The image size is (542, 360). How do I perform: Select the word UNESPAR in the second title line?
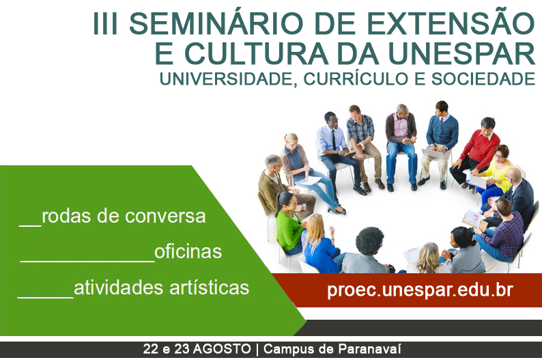[x=461, y=53]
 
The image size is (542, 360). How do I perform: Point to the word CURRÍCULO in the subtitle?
[x=356, y=78]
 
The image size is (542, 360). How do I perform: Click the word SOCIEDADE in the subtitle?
[x=483, y=79]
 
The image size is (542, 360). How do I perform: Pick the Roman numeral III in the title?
[x=106, y=23]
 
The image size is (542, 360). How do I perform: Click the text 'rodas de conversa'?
[x=124, y=216]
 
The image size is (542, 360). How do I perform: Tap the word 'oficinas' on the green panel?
[x=188, y=251]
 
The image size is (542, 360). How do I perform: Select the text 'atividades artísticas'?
[x=161, y=288]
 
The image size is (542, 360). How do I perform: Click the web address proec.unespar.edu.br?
[x=420, y=290]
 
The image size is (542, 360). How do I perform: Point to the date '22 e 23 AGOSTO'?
[x=197, y=348]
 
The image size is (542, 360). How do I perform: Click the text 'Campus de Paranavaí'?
[x=332, y=348]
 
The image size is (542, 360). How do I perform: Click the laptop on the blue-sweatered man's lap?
[x=434, y=153]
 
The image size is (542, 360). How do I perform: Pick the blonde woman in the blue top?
[x=319, y=244]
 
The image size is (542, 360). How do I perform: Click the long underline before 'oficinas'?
[x=87, y=261]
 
